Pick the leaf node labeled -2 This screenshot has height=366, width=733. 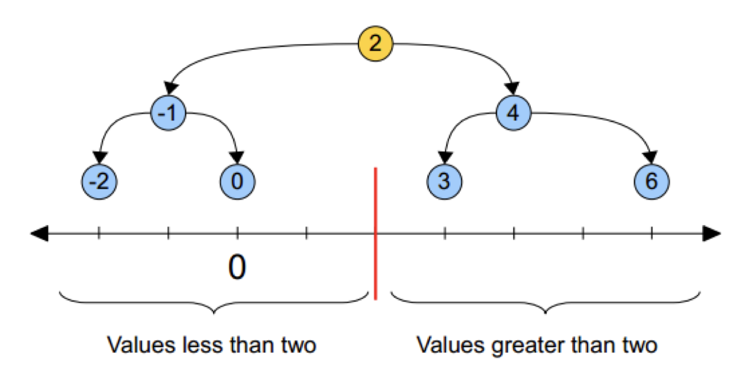(x=99, y=182)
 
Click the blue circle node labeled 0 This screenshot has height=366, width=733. (x=238, y=182)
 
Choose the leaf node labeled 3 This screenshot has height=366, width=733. (x=444, y=182)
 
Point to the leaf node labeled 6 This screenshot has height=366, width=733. (x=652, y=182)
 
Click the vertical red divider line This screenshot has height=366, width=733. (x=375, y=233)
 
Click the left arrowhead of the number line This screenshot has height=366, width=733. (x=39, y=232)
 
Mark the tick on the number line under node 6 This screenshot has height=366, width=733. (x=652, y=232)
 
